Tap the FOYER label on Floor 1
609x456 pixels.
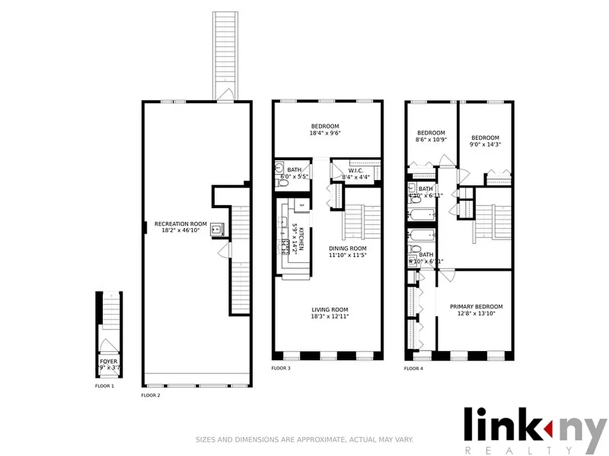[x=108, y=361]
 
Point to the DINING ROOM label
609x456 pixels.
[x=348, y=249]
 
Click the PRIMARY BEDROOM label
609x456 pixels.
[x=476, y=306]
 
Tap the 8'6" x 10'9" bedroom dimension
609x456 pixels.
[x=430, y=139]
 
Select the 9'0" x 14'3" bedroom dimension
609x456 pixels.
[x=485, y=144]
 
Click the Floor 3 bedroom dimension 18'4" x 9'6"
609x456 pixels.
[x=325, y=133]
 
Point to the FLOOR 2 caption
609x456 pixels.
[x=151, y=395]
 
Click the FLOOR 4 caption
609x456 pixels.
[x=414, y=369]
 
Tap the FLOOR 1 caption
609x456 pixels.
[x=104, y=386]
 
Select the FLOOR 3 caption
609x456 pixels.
[x=281, y=369]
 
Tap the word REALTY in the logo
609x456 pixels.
[x=534, y=450]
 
